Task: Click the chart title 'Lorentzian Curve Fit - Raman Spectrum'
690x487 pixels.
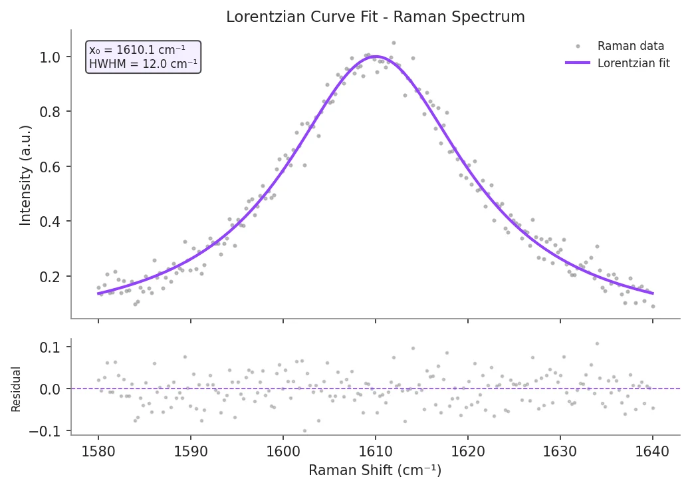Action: point(375,17)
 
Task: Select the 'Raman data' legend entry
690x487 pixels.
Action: point(630,46)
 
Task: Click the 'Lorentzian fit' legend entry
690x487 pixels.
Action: point(633,63)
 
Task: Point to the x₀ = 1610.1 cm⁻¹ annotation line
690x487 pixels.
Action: point(137,50)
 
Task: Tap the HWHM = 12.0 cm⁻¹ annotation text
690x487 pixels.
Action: point(142,64)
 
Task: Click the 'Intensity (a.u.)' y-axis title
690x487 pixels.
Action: point(25,174)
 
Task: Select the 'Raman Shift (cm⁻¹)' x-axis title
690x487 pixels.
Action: point(375,470)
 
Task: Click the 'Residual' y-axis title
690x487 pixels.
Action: point(16,389)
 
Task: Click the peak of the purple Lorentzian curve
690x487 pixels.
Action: point(376,57)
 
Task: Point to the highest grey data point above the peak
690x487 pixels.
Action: point(394,43)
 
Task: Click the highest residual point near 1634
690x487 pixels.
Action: point(597,343)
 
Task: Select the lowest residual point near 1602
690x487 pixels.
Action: point(304,430)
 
